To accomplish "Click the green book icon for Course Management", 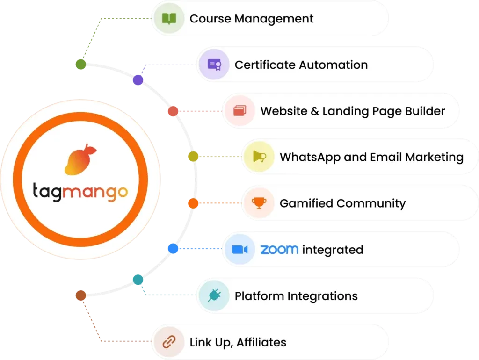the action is point(169,19).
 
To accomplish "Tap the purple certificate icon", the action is point(214,65).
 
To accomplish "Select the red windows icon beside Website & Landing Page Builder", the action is point(240,110).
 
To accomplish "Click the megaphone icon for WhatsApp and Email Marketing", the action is point(259,157).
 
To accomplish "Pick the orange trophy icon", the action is point(259,203).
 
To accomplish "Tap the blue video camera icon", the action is point(240,250).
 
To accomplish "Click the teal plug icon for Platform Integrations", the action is point(214,295).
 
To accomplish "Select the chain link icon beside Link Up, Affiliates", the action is point(169,342).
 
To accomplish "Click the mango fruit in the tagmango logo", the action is point(80,159).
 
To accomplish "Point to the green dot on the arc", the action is point(80,65).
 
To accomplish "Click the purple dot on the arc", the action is point(138,80).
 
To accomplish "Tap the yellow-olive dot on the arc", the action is point(193,157).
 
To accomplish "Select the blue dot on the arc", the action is point(173,249).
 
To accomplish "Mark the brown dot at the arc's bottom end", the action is point(80,295).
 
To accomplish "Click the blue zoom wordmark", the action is point(279,250).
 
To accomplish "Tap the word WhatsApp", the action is point(310,158).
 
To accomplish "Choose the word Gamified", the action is point(306,203).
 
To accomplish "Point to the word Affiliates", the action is point(261,342).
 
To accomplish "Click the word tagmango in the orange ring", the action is point(80,192).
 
